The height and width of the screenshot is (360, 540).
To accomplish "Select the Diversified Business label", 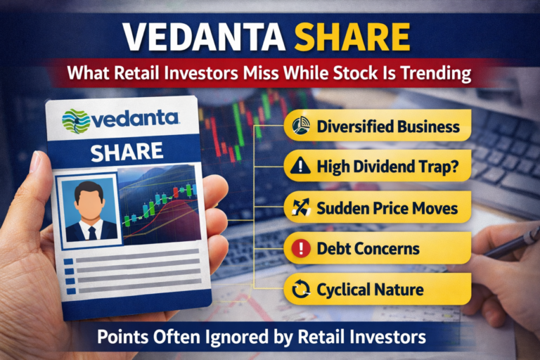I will (387, 127).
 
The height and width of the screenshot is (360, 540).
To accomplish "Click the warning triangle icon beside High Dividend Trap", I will (300, 167).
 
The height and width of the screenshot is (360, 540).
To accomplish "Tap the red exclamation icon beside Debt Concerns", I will (300, 249).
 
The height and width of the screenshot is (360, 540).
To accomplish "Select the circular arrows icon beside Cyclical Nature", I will (300, 289).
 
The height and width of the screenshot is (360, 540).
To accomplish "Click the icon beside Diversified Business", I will (300, 127).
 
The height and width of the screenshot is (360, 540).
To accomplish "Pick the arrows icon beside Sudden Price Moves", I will (300, 208).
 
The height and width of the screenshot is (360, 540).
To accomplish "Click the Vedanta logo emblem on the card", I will (76, 121).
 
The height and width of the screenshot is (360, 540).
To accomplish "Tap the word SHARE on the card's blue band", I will (127, 150).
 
